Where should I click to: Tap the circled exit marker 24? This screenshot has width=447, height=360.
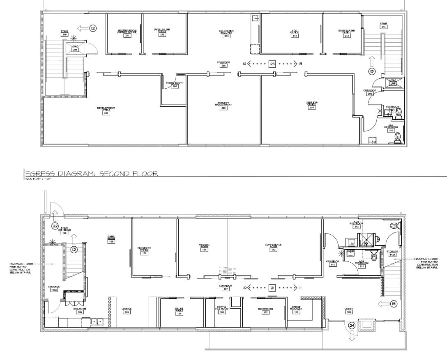[x=352, y=325]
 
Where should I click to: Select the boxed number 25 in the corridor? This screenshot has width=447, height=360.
[x=272, y=64]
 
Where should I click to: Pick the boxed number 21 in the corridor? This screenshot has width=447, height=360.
[x=272, y=288]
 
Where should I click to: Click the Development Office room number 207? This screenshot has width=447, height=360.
[x=106, y=113]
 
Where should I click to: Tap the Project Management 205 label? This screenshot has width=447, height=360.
[x=223, y=106]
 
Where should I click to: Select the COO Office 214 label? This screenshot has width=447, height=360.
[x=295, y=34]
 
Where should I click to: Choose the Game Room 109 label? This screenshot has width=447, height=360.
[x=111, y=239]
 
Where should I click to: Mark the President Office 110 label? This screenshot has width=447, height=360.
[x=144, y=251]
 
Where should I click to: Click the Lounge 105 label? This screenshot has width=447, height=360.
[x=126, y=311]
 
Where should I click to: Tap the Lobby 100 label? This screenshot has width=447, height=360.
[x=349, y=311]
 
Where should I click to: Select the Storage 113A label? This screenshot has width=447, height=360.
[x=392, y=253]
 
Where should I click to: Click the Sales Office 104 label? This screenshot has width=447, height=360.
[x=179, y=312]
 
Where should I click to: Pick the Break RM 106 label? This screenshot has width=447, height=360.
[x=80, y=310]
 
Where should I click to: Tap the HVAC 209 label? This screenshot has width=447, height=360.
[x=75, y=48]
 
